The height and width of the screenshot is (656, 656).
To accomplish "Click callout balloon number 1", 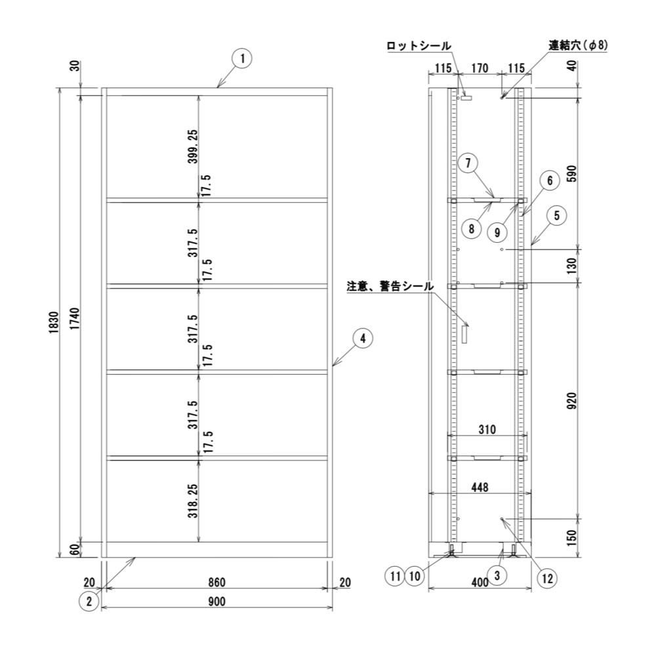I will tap(242, 59).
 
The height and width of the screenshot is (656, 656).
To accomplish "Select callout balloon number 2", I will tap(90, 599).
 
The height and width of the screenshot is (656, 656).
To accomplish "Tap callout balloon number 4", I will tap(363, 338).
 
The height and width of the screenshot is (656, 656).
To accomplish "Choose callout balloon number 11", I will tap(394, 577).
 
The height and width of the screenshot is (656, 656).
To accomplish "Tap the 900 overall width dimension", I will tap(216, 602).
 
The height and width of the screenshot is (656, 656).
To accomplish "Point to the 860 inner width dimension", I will tap(216, 582).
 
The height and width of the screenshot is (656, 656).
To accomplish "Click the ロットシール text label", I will tap(419, 46).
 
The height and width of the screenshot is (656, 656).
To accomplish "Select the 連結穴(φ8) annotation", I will tap(578, 46).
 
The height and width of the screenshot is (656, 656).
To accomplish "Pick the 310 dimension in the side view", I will tap(486, 430).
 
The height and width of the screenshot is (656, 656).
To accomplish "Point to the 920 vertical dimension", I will tap(571, 400).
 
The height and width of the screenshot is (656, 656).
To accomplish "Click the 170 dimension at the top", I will tap(480, 68).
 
